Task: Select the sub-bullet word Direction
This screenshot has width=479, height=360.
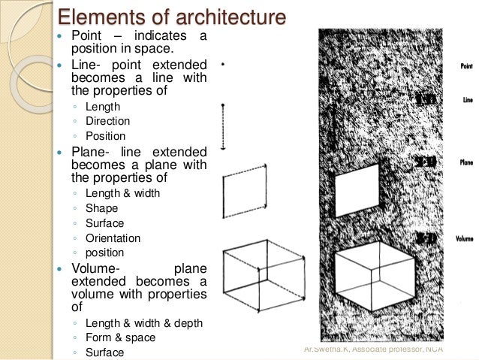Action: coord(108,121)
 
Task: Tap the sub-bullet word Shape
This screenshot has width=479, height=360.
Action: coord(101,208)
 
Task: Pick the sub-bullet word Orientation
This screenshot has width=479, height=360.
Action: coord(113,238)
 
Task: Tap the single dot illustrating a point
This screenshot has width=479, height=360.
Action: coord(224,65)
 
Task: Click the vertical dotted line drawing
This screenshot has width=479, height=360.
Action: coord(224,125)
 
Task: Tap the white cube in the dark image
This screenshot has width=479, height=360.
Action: coord(373,275)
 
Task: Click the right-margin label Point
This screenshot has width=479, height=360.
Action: coord(465,66)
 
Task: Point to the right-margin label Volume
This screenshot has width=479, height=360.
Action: coord(463,239)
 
